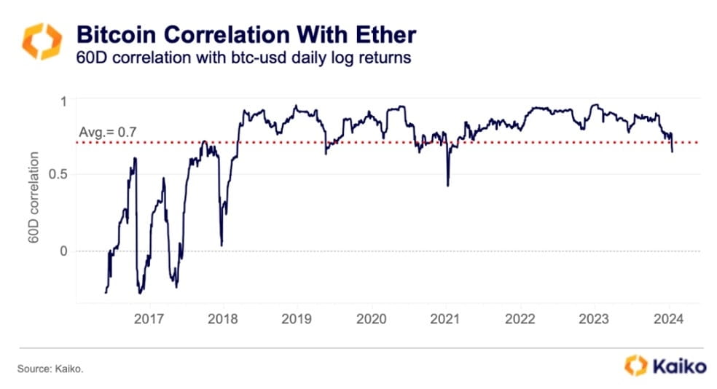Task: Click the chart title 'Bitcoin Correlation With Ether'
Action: coord(246,34)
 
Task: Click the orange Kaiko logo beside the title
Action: coord(42,42)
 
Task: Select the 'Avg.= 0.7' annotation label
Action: coord(107,133)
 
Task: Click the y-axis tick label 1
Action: coord(63,100)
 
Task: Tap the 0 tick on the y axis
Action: coord(63,251)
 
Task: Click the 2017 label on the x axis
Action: coord(149,319)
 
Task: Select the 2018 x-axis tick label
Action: coord(222,319)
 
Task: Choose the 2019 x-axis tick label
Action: coord(297,319)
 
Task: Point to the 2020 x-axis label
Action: coord(371,319)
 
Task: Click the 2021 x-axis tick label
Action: coord(445,319)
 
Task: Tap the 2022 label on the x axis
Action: coord(520,319)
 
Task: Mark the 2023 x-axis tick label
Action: coord(594,319)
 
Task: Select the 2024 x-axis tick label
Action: coord(668,319)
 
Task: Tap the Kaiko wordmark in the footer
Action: coord(678,366)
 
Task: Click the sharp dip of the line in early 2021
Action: coord(447,185)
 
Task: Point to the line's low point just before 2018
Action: coord(221,245)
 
